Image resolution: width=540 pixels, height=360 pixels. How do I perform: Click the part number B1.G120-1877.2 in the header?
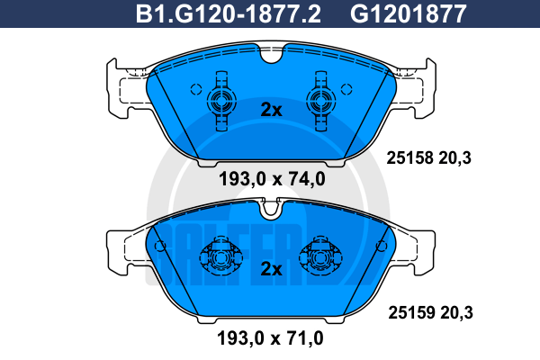click(229, 13)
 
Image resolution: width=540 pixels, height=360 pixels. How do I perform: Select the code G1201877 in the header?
click(408, 13)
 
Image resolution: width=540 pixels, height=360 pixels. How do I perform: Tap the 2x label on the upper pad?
click(271, 110)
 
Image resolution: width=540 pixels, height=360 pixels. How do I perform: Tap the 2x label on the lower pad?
click(271, 269)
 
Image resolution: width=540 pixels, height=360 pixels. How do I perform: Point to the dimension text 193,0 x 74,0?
click(272, 179)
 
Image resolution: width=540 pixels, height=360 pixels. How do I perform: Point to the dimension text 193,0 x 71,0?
click(270, 338)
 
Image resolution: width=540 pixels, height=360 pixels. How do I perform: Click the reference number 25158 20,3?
click(428, 158)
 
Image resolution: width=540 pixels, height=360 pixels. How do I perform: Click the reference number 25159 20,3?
click(430, 313)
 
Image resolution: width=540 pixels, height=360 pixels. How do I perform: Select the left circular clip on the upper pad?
click(221, 101)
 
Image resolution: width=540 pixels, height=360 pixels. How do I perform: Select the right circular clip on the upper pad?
click(321, 101)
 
